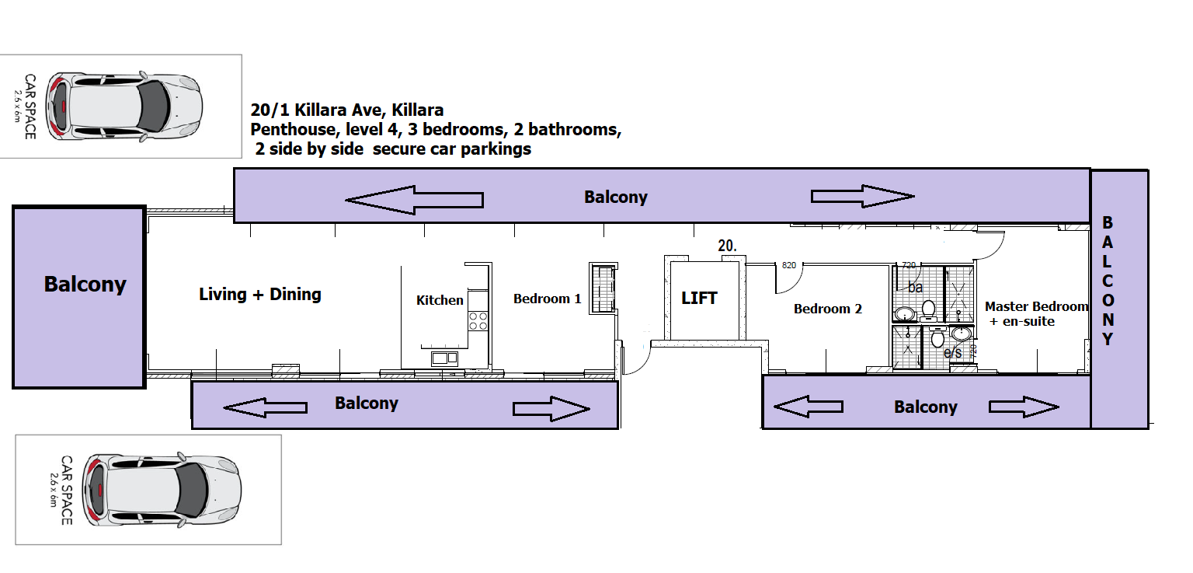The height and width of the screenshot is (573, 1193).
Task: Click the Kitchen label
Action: point(440,300)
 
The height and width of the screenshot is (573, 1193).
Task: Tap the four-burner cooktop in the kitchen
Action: point(478,321)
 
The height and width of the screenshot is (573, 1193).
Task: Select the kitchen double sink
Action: point(445,358)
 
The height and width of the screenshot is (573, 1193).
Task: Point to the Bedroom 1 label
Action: point(547,299)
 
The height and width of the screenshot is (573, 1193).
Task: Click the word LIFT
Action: point(699,298)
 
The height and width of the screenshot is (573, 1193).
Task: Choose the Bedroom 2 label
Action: point(827,309)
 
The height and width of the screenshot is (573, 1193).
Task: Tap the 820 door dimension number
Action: point(789,265)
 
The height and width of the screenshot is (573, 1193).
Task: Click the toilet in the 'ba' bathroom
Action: point(928,310)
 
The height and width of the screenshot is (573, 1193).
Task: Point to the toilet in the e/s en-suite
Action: point(937,338)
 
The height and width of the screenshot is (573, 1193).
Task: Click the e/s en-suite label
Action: point(952,354)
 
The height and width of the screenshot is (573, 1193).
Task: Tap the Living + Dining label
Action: point(260,294)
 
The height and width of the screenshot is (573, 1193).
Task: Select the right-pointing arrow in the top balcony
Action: point(862,196)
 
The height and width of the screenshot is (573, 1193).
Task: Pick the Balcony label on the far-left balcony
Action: point(85,285)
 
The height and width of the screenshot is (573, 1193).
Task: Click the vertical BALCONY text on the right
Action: point(1108,281)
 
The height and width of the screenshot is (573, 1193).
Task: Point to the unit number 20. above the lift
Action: point(728,246)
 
